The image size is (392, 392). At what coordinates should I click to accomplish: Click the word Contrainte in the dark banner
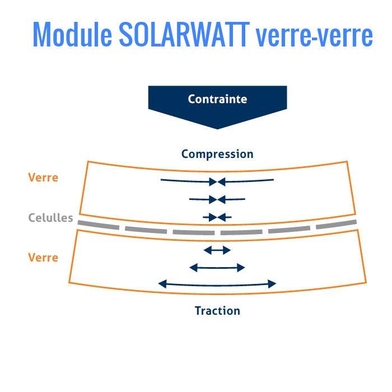coord(217,100)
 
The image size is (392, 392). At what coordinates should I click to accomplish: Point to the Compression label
coord(217,154)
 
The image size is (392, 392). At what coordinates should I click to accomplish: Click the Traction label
coord(217,310)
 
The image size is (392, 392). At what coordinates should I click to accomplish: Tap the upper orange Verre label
coord(43,178)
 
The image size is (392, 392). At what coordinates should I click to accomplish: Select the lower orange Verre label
coord(43,258)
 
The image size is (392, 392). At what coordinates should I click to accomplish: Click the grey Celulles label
coord(51,218)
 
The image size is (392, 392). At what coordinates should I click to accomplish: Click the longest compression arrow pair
coord(217,181)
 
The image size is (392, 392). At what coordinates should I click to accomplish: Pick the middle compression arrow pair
coord(217,199)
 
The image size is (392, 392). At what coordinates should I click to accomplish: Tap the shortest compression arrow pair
coord(217,217)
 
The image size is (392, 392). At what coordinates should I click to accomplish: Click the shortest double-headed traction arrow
coord(217,250)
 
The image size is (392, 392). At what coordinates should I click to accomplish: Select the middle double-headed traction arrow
coord(217,268)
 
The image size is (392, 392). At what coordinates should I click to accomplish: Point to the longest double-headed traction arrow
coord(217,284)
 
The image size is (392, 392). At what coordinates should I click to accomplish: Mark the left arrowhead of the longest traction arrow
coord(162,284)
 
